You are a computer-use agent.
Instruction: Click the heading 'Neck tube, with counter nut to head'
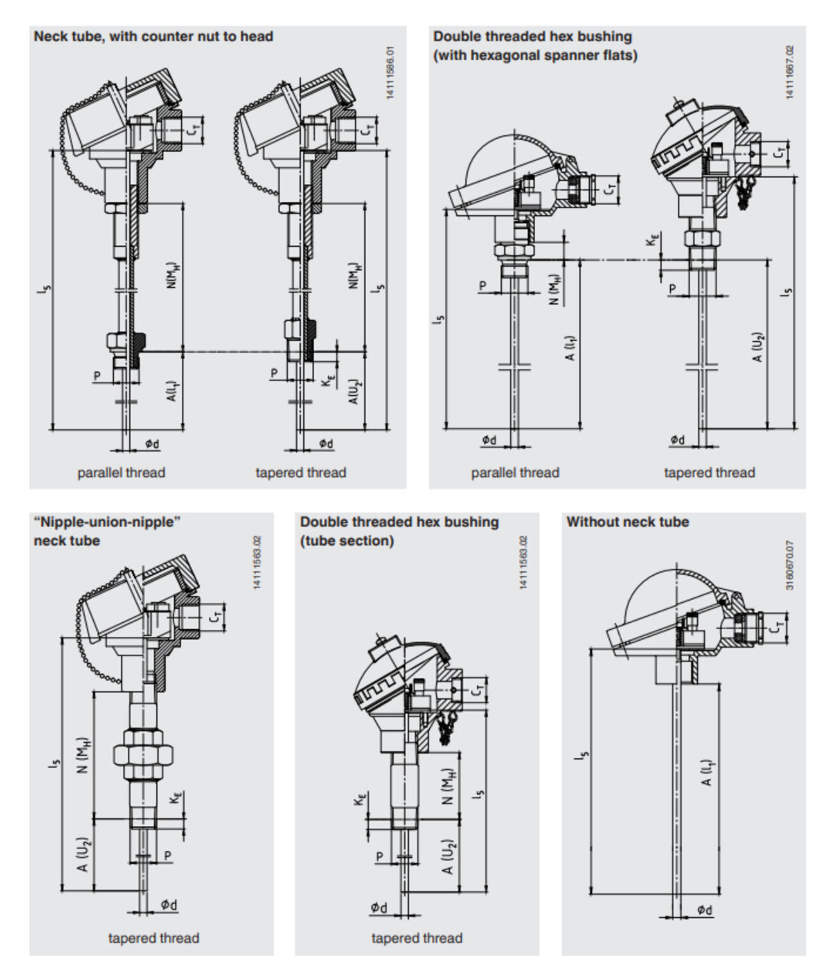point(153,37)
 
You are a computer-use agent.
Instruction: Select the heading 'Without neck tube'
point(627,522)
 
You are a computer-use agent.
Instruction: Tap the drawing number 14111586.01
point(391,73)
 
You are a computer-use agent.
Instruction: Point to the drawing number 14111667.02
point(790,72)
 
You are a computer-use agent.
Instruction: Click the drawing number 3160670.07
point(790,565)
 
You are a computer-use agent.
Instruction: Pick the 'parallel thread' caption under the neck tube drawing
point(121,473)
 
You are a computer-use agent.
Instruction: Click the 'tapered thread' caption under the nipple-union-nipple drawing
point(154,938)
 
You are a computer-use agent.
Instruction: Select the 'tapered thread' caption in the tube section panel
point(416,938)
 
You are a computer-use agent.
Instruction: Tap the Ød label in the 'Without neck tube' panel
point(704,910)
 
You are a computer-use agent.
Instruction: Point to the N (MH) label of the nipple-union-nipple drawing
point(84,755)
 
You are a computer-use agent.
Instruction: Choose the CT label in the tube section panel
point(477,690)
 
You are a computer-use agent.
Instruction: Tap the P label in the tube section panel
point(380,857)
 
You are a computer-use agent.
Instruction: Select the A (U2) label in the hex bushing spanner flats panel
point(758,347)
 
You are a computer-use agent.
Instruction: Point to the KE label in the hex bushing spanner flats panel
point(653,240)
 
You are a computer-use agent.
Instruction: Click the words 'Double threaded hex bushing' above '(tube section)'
point(399,522)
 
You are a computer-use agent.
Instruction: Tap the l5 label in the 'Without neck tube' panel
point(582,754)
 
